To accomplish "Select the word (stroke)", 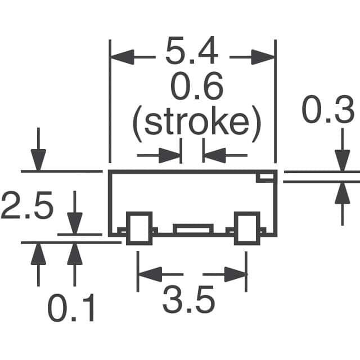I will (x=197, y=123).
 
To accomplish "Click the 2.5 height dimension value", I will (x=26, y=206).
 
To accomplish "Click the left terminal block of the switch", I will (x=139, y=228).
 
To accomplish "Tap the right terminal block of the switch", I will (x=247, y=228).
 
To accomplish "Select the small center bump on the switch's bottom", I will (x=193, y=228).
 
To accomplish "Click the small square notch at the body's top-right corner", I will (x=264, y=178).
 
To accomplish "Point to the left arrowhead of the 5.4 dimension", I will (x=120, y=57).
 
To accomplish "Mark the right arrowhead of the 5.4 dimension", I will (x=264, y=57).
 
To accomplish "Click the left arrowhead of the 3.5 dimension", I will (x=150, y=275).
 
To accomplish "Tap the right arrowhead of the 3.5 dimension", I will (x=235, y=275).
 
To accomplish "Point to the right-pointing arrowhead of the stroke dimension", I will (x=170, y=155).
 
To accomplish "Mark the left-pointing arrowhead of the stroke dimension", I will (x=214, y=155).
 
